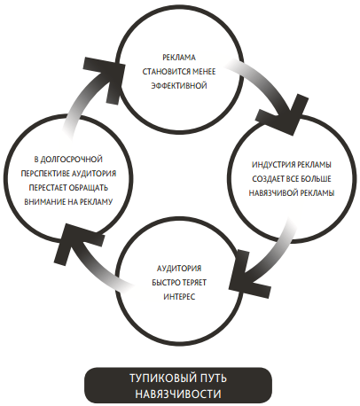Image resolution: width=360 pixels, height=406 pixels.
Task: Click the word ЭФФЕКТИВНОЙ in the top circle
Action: point(179,86)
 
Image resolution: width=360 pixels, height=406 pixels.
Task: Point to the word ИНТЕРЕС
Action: point(179,296)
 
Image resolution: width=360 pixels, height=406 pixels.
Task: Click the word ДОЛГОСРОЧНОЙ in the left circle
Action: point(71,160)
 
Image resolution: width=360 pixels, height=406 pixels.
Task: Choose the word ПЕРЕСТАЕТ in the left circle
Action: point(48,188)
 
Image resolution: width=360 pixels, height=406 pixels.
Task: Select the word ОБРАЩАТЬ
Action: point(89,188)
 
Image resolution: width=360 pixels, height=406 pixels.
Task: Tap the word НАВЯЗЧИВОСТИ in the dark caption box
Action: point(178,394)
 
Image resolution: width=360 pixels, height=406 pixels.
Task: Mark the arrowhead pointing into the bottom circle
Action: point(250,273)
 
